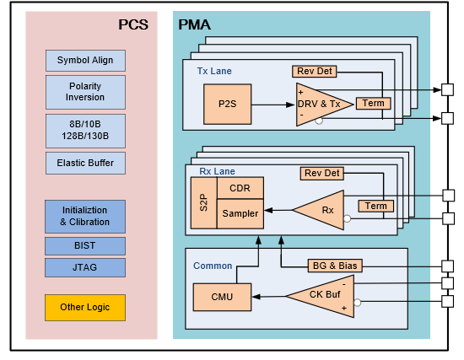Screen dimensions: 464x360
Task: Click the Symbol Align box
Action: [x=85, y=61]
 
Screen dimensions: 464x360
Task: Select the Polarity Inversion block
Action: [x=85, y=92]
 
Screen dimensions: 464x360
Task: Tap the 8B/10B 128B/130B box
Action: [x=85, y=131]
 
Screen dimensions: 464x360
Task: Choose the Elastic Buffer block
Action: [x=85, y=163]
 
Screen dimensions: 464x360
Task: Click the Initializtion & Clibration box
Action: [x=85, y=216]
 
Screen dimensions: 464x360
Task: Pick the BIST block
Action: [x=85, y=246]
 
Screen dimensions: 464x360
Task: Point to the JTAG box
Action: [x=85, y=267]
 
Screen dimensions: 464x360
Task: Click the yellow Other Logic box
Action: [x=85, y=308]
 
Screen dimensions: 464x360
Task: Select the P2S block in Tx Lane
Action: [x=227, y=105]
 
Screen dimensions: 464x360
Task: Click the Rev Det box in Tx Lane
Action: [x=315, y=72]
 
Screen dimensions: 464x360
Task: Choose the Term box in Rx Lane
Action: [x=375, y=206]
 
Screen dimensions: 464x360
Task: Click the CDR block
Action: [x=240, y=188]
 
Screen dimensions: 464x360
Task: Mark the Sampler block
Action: [x=240, y=213]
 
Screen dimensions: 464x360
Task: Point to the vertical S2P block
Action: [x=204, y=202]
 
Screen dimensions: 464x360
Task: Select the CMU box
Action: [x=222, y=297]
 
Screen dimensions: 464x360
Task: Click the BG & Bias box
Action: [x=335, y=266]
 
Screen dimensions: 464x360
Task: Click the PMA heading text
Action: [x=194, y=24]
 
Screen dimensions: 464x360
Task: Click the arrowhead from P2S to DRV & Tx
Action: [x=290, y=105]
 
